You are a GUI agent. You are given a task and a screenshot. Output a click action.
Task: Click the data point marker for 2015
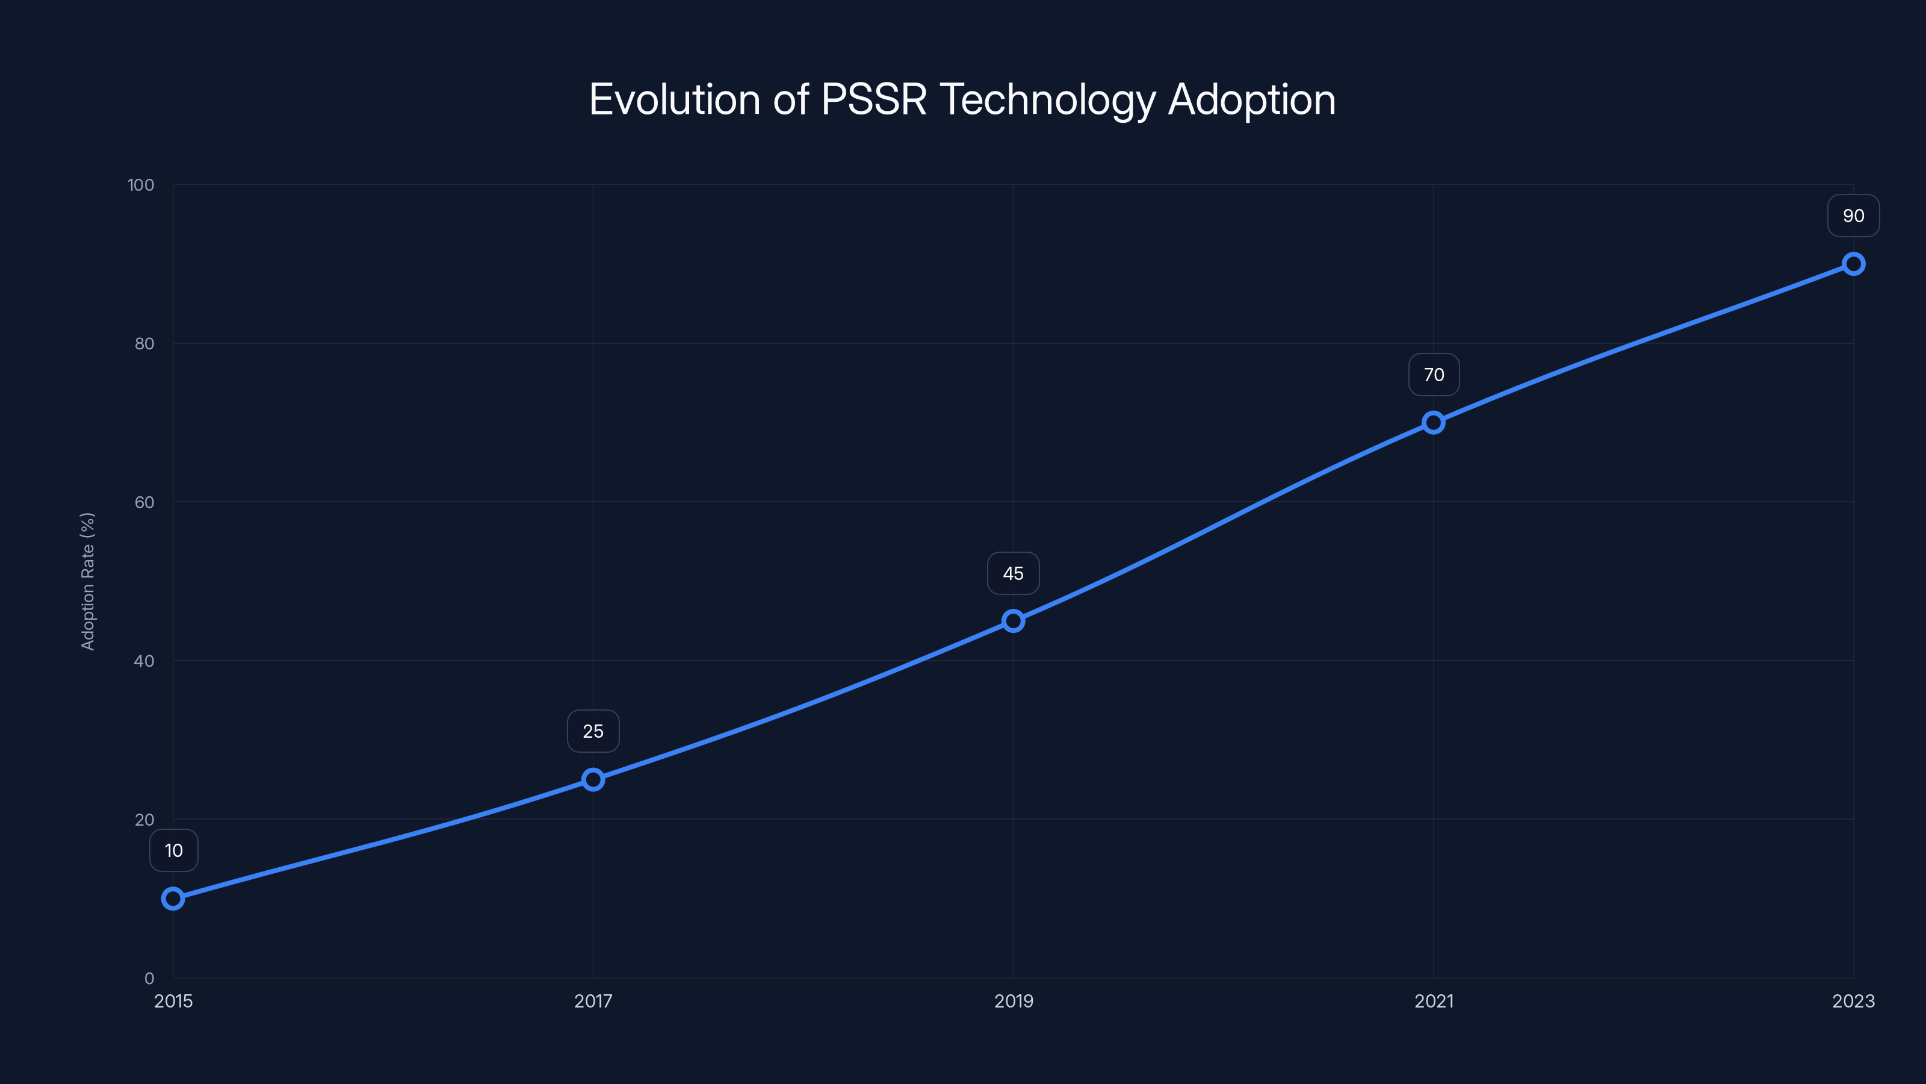[x=173, y=898]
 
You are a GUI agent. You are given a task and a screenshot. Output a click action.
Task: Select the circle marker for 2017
[x=593, y=779]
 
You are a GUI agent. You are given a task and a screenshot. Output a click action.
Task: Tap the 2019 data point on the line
[x=1013, y=621]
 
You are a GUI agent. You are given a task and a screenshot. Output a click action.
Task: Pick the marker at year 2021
[x=1433, y=423]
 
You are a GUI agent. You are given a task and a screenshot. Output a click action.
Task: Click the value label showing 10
[x=173, y=850]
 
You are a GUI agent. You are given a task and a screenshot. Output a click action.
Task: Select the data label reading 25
[x=593, y=731]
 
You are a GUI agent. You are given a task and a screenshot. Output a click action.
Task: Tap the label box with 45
[x=1013, y=574]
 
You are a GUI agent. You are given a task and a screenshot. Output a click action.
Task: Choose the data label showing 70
[x=1433, y=375]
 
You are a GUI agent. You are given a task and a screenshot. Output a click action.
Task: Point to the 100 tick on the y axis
[x=141, y=185]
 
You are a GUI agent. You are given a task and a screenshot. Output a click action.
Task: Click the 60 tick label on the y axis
[x=144, y=502]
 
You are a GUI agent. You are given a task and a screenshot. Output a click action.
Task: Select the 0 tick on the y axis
[x=149, y=978]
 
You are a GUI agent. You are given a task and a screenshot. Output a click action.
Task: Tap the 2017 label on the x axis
[x=593, y=1001]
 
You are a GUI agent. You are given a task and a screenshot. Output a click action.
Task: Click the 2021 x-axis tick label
[x=1433, y=1001]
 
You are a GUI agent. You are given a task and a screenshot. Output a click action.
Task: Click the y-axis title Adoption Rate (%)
[x=87, y=581]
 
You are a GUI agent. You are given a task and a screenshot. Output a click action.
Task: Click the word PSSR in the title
[x=873, y=99]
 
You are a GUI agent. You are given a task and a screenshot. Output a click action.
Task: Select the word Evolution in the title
[x=674, y=99]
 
